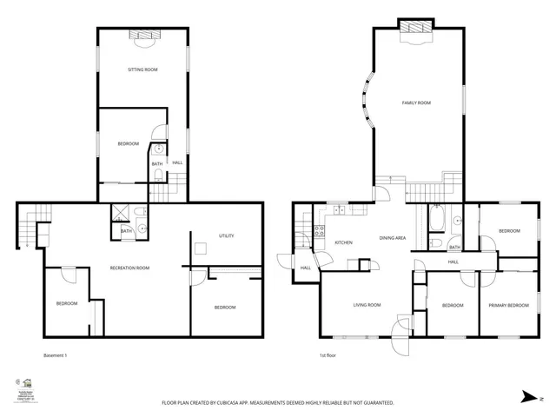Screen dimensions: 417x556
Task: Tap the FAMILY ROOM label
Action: pyautogui.click(x=416, y=103)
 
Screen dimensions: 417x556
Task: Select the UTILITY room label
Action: pyautogui.click(x=227, y=235)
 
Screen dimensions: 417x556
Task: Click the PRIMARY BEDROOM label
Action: pyautogui.click(x=507, y=305)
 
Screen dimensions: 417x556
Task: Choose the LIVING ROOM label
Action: pyautogui.click(x=366, y=305)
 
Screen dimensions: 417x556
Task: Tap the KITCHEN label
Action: pyautogui.click(x=343, y=242)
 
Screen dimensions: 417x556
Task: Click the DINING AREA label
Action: pyautogui.click(x=394, y=237)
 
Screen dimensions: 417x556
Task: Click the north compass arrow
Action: pyautogui.click(x=528, y=396)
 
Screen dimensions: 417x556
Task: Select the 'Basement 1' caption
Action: pyautogui.click(x=55, y=355)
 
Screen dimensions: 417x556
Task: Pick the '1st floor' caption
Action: pyautogui.click(x=328, y=355)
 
